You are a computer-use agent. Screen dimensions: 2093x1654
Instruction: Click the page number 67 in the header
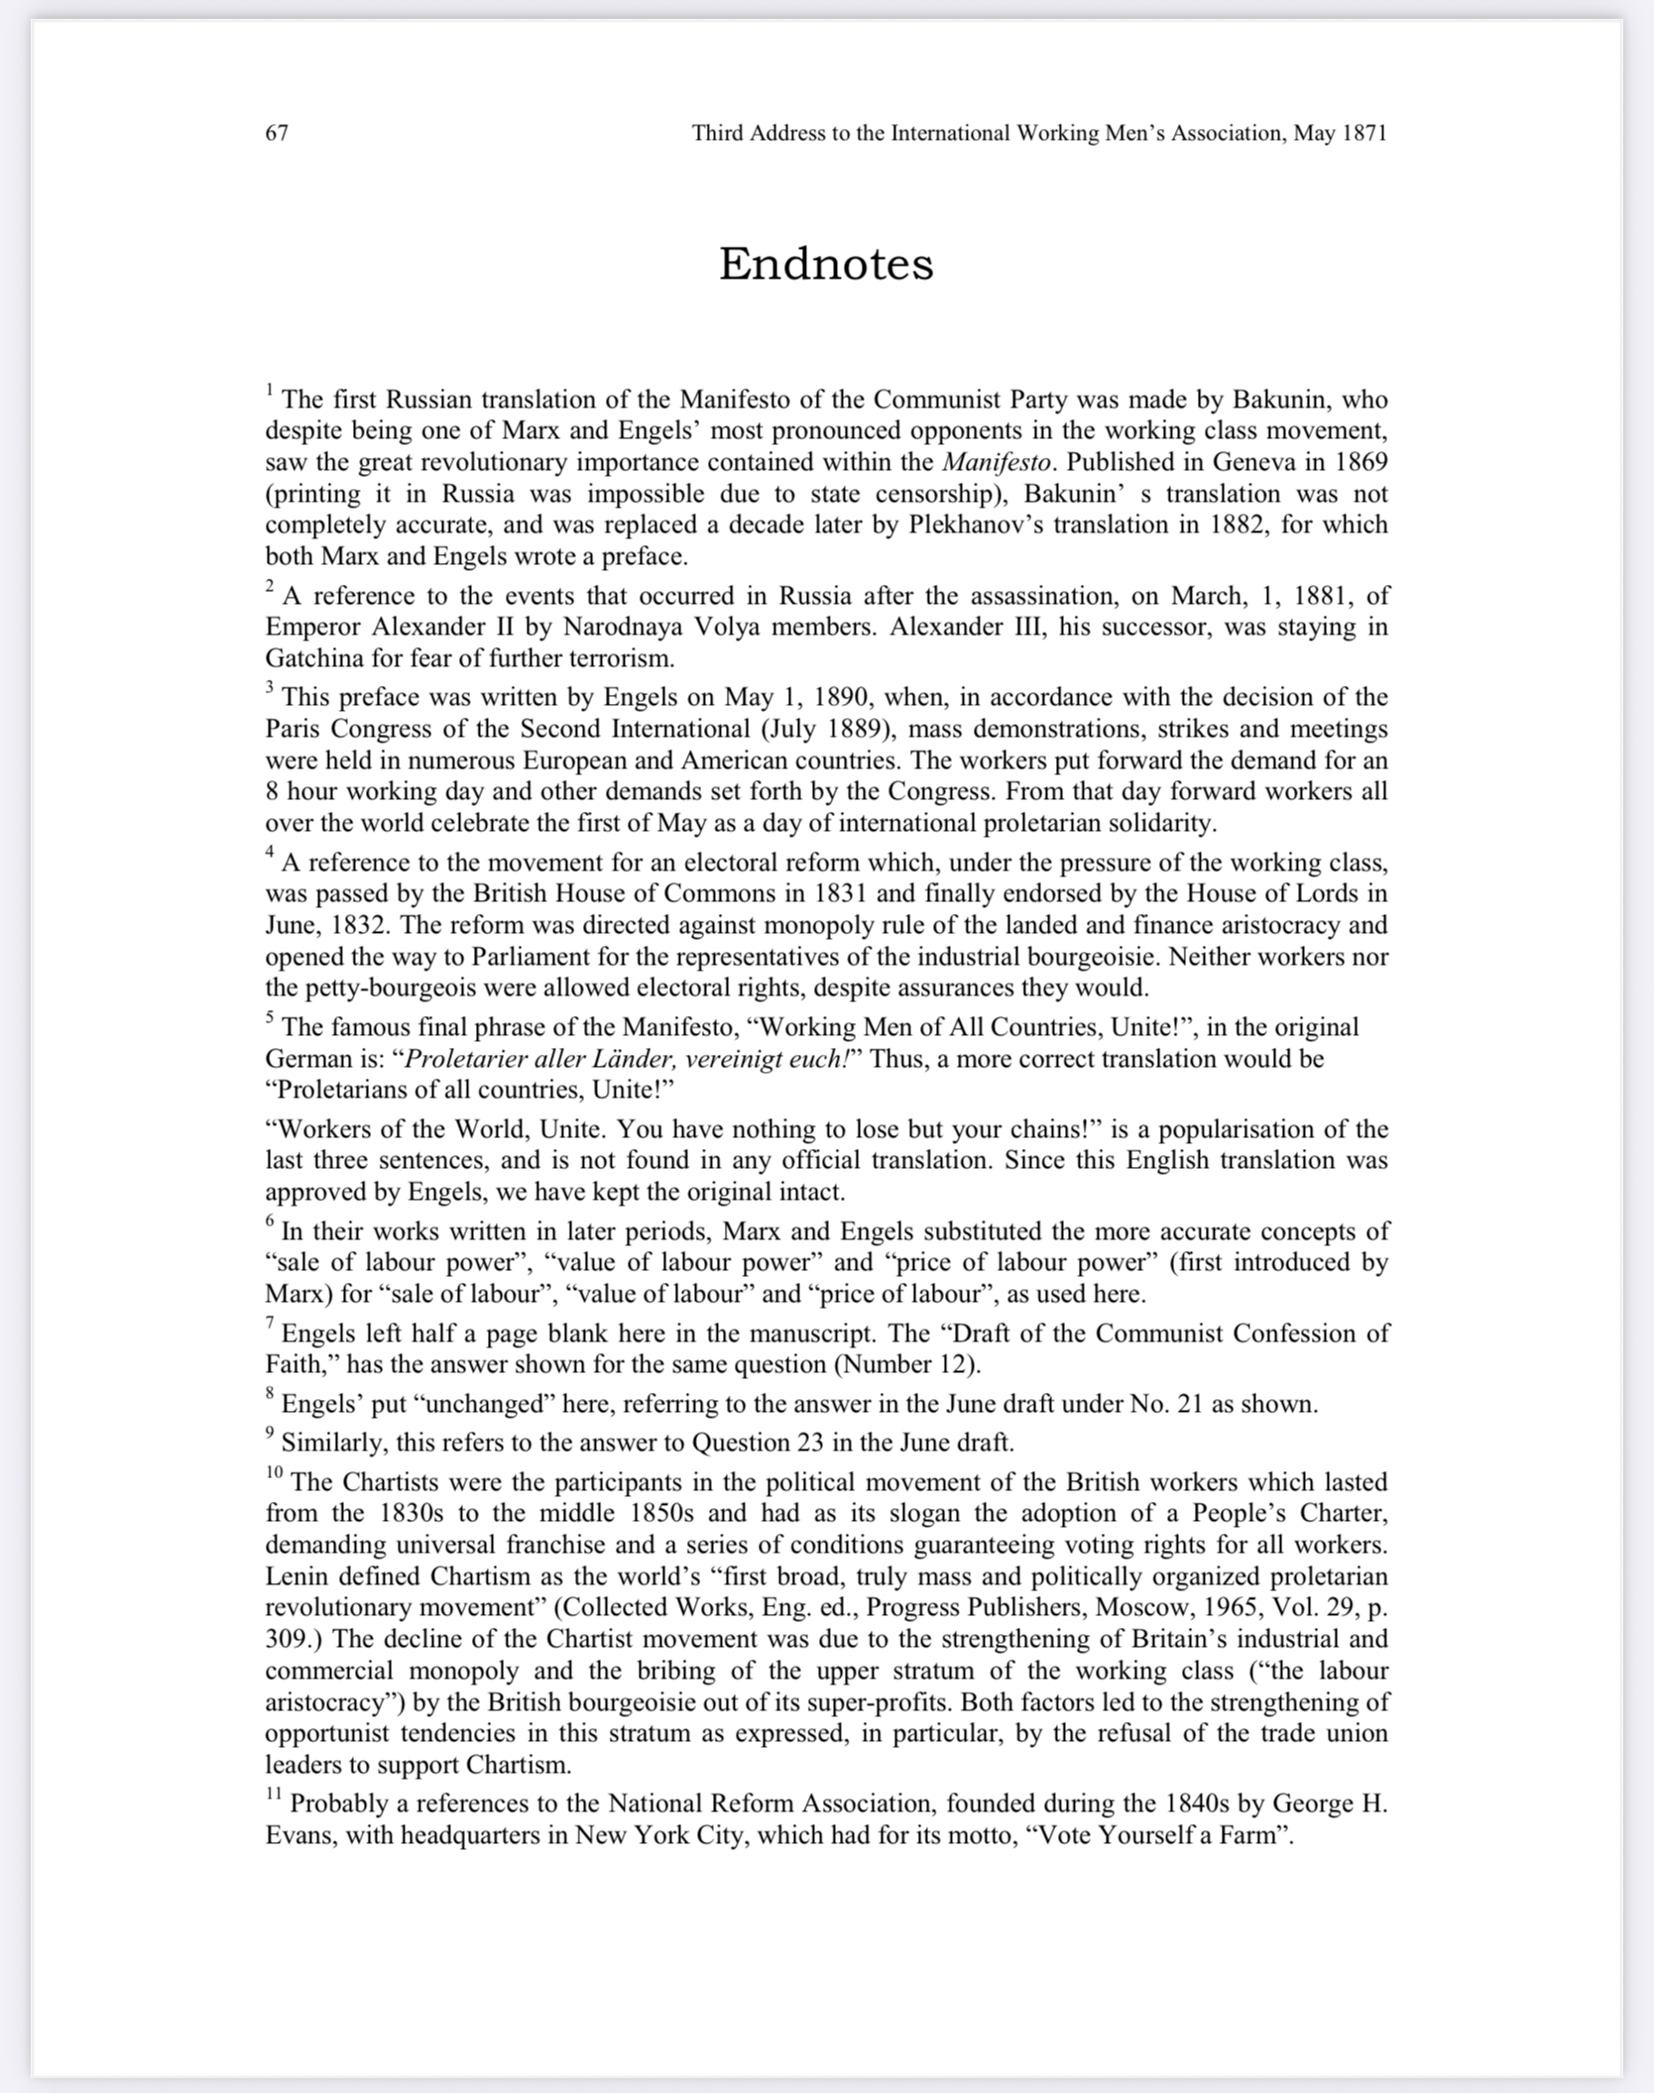tap(277, 133)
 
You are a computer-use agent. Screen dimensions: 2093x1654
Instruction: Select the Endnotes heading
tap(826, 264)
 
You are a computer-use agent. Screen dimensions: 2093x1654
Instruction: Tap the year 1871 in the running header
tap(1363, 133)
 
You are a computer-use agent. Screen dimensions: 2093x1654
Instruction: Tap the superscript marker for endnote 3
tap(270, 686)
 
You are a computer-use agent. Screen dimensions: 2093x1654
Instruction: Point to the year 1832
tap(355, 925)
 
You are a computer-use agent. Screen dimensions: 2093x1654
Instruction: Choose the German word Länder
tap(640, 1059)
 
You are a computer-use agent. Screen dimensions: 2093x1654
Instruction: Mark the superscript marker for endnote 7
tap(270, 1323)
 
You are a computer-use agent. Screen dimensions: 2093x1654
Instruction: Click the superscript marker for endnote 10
tap(274, 1472)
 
